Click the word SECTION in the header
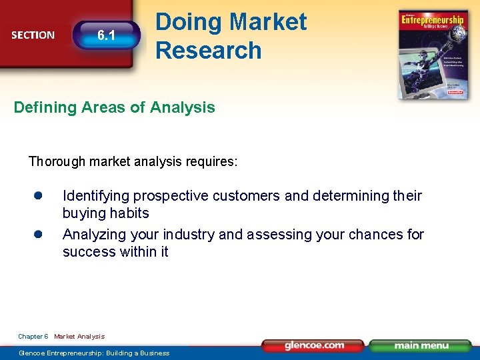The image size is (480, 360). coord(33,35)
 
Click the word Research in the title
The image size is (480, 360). coord(208,50)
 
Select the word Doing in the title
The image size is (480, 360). coord(187,22)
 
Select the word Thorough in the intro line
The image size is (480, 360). coord(57,161)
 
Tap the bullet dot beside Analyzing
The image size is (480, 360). coord(39,234)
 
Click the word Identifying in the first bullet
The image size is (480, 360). coord(96,195)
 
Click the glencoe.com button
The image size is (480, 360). coord(313,345)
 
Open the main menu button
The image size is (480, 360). coord(420,345)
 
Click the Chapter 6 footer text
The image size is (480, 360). coord(33,337)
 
